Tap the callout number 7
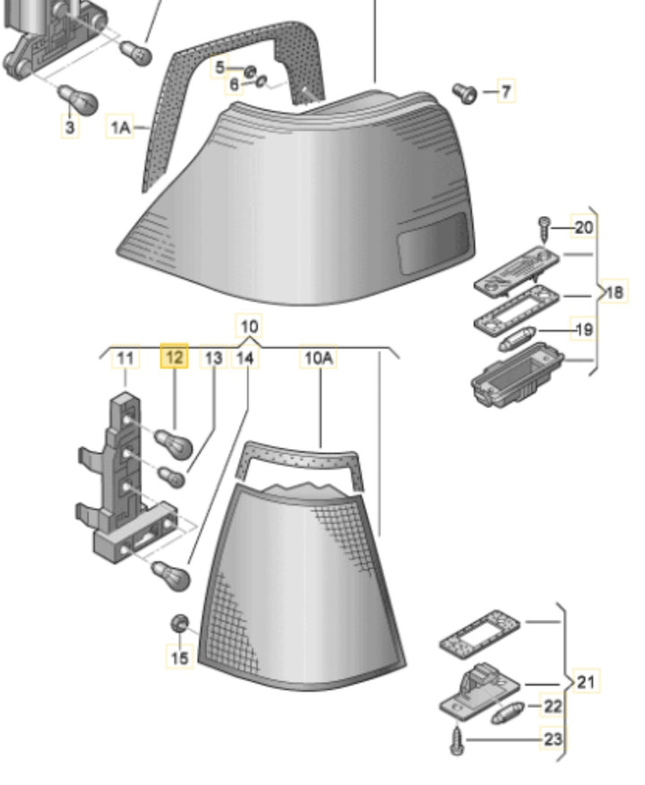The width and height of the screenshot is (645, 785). pos(506,91)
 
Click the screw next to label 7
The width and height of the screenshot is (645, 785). pos(465,91)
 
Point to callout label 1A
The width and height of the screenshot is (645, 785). pos(120,128)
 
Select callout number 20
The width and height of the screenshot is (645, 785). pos(583,228)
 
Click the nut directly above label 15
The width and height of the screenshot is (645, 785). pos(179,623)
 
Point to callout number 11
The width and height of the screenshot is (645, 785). pos(126,358)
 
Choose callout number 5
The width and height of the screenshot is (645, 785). pos(219,67)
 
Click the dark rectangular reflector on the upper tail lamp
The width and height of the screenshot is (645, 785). pos(432,241)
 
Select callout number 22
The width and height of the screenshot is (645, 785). pos(553,707)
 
